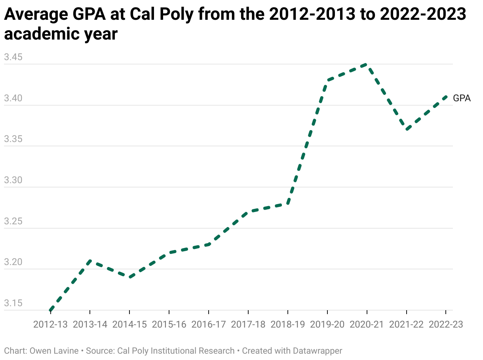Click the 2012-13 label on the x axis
pos(50,324)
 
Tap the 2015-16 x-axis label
pos(169,324)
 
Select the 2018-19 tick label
pos(288,324)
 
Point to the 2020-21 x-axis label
pos(367,324)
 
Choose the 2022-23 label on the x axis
pos(446,324)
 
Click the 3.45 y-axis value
pos(13,58)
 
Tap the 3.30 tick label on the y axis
pos(13,181)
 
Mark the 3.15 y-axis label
pos(13,304)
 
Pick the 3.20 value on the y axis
pos(13,263)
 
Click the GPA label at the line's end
pos(462,99)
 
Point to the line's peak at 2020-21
pos(367,64)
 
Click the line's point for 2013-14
pos(90,261)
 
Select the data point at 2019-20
pos(327,81)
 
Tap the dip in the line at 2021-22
pos(406,130)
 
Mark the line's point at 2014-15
pos(129,277)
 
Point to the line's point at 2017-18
pos(248,212)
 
